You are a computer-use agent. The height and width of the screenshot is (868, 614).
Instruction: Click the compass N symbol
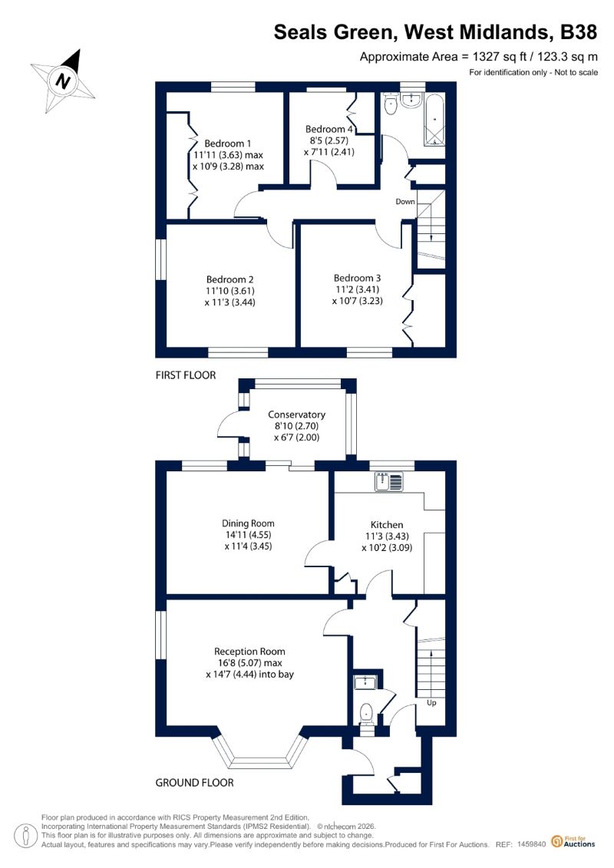click(63, 81)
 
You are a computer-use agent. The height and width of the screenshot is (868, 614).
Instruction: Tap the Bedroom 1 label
click(227, 144)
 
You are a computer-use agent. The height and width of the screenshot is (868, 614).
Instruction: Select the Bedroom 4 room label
click(328, 129)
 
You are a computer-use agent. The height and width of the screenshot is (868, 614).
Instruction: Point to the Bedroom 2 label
click(229, 279)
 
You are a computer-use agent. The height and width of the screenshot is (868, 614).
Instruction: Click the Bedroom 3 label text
click(357, 278)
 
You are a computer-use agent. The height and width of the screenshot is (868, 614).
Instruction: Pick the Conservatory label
click(297, 414)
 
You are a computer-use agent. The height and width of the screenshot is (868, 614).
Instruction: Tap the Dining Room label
click(248, 523)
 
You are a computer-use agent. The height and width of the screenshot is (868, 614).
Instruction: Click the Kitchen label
click(387, 525)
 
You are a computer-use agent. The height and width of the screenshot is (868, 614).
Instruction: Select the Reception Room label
click(249, 652)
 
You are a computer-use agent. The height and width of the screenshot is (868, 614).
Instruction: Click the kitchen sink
click(390, 482)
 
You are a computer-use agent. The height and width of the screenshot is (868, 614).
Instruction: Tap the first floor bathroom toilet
click(391, 104)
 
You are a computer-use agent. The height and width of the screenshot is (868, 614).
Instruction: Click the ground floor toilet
click(366, 715)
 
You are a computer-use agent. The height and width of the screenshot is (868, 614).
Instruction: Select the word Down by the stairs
click(405, 202)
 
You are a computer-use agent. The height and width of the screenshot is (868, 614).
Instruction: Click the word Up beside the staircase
click(431, 702)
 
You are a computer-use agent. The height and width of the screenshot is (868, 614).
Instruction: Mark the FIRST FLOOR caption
click(186, 375)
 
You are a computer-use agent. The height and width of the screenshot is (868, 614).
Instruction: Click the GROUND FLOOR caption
click(194, 783)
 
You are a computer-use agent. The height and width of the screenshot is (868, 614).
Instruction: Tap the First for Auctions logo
click(573, 842)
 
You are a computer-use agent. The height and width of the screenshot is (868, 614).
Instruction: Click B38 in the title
click(579, 32)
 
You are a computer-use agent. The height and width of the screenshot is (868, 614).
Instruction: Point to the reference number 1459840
click(532, 845)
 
